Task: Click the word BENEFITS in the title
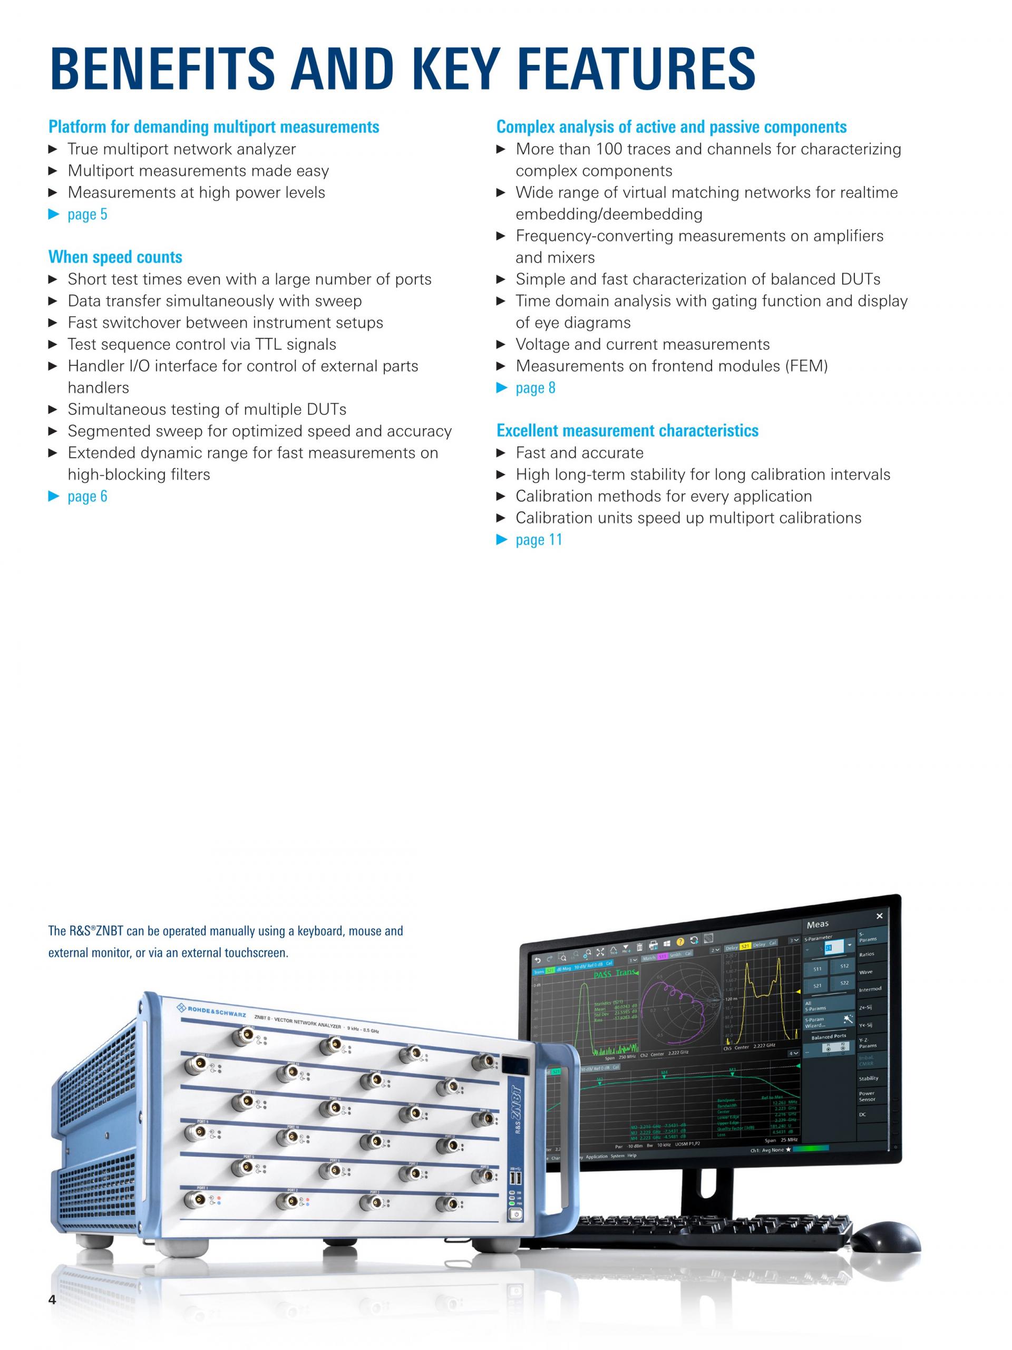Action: pyautogui.click(x=162, y=69)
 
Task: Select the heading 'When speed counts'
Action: pyautogui.click(x=115, y=257)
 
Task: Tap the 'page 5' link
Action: pyautogui.click(x=87, y=214)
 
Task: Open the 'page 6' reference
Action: pyautogui.click(x=87, y=496)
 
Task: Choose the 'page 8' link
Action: pyautogui.click(x=535, y=388)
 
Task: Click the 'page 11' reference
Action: pyautogui.click(x=539, y=539)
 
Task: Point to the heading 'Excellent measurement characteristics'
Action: pyautogui.click(x=627, y=430)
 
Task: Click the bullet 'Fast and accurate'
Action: pyautogui.click(x=579, y=453)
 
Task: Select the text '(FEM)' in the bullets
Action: pyautogui.click(x=807, y=366)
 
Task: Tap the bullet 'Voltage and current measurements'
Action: pyautogui.click(x=643, y=344)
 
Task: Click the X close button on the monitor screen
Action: pyautogui.click(x=879, y=916)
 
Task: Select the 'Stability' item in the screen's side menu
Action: pyautogui.click(x=869, y=1078)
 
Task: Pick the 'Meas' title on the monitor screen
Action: pyautogui.click(x=818, y=924)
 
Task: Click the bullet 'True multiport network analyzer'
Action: pyautogui.click(x=181, y=149)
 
